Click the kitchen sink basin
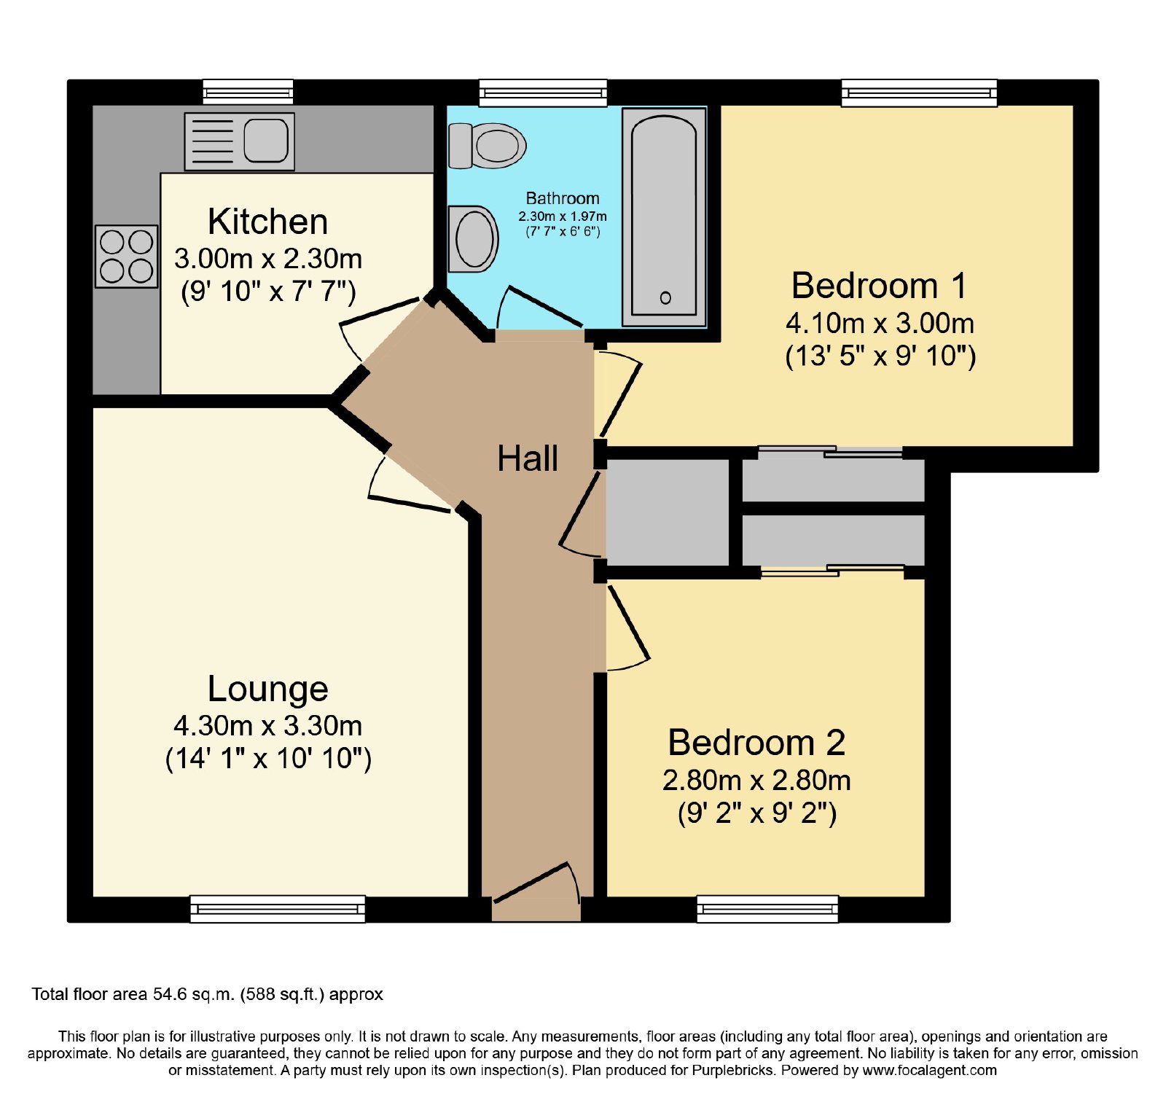click(265, 140)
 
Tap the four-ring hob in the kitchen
click(126, 256)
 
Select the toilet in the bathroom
click(487, 145)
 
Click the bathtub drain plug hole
click(665, 297)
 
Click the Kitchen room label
click(267, 222)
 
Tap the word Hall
click(528, 458)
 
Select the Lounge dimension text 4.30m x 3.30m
click(268, 726)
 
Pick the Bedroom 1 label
click(880, 285)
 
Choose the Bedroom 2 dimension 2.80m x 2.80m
click(756, 781)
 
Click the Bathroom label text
click(563, 198)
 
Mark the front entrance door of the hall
click(536, 891)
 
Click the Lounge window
click(278, 909)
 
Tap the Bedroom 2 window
click(767, 909)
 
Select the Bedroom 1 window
click(920, 93)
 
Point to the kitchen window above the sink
click(248, 93)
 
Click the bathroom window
click(543, 93)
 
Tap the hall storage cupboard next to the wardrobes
click(668, 512)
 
